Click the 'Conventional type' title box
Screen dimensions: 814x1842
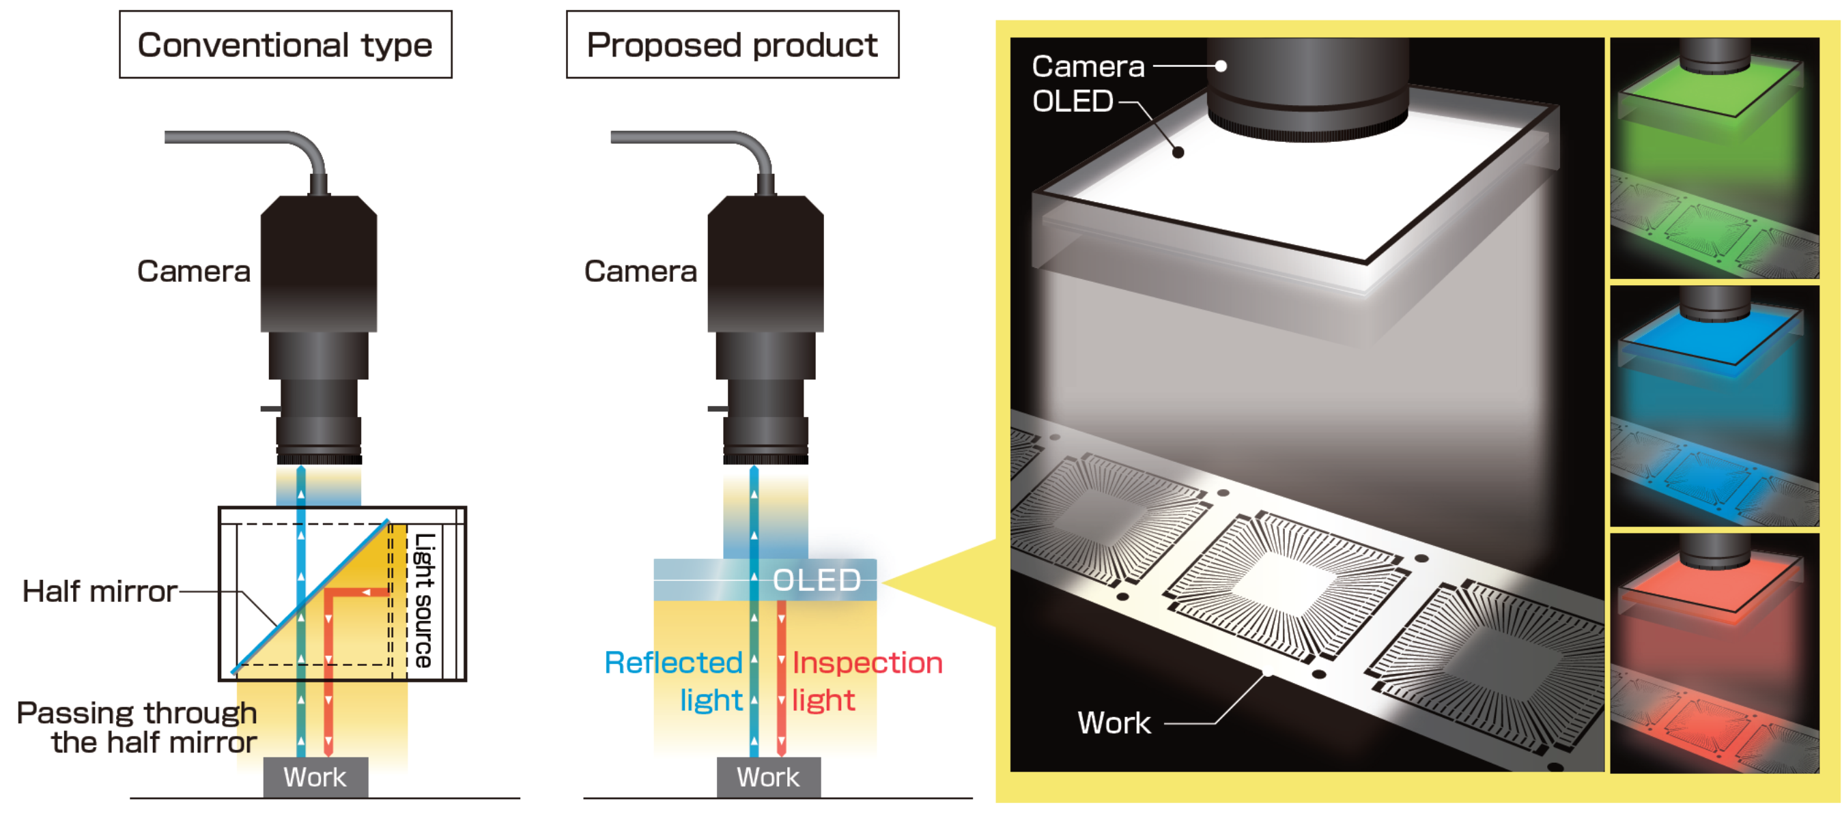[x=285, y=44]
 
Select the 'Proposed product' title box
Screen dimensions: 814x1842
[x=732, y=44]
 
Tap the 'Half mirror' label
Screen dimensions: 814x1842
[x=100, y=591]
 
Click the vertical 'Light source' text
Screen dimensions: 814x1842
[x=425, y=600]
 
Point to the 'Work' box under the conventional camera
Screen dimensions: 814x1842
[x=315, y=777]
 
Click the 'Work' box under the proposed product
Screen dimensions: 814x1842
[x=769, y=777]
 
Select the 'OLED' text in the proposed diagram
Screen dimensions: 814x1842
[x=817, y=579]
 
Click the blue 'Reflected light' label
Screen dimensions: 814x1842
[x=674, y=681]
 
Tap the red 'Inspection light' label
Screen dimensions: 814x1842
[x=866, y=681]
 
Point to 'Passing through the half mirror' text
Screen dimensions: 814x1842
[x=137, y=727]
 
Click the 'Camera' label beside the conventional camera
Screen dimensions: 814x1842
[x=194, y=271]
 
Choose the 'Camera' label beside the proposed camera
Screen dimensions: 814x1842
[x=640, y=271]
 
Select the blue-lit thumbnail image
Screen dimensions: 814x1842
[x=1714, y=406]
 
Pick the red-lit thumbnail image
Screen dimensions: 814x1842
[x=1714, y=653]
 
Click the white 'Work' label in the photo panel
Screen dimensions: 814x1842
[x=1114, y=723]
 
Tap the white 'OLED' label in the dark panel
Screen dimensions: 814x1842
[x=1073, y=101]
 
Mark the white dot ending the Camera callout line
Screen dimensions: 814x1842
[x=1221, y=66]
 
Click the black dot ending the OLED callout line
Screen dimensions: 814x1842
[x=1178, y=152]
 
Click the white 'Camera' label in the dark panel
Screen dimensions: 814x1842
[x=1088, y=66]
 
